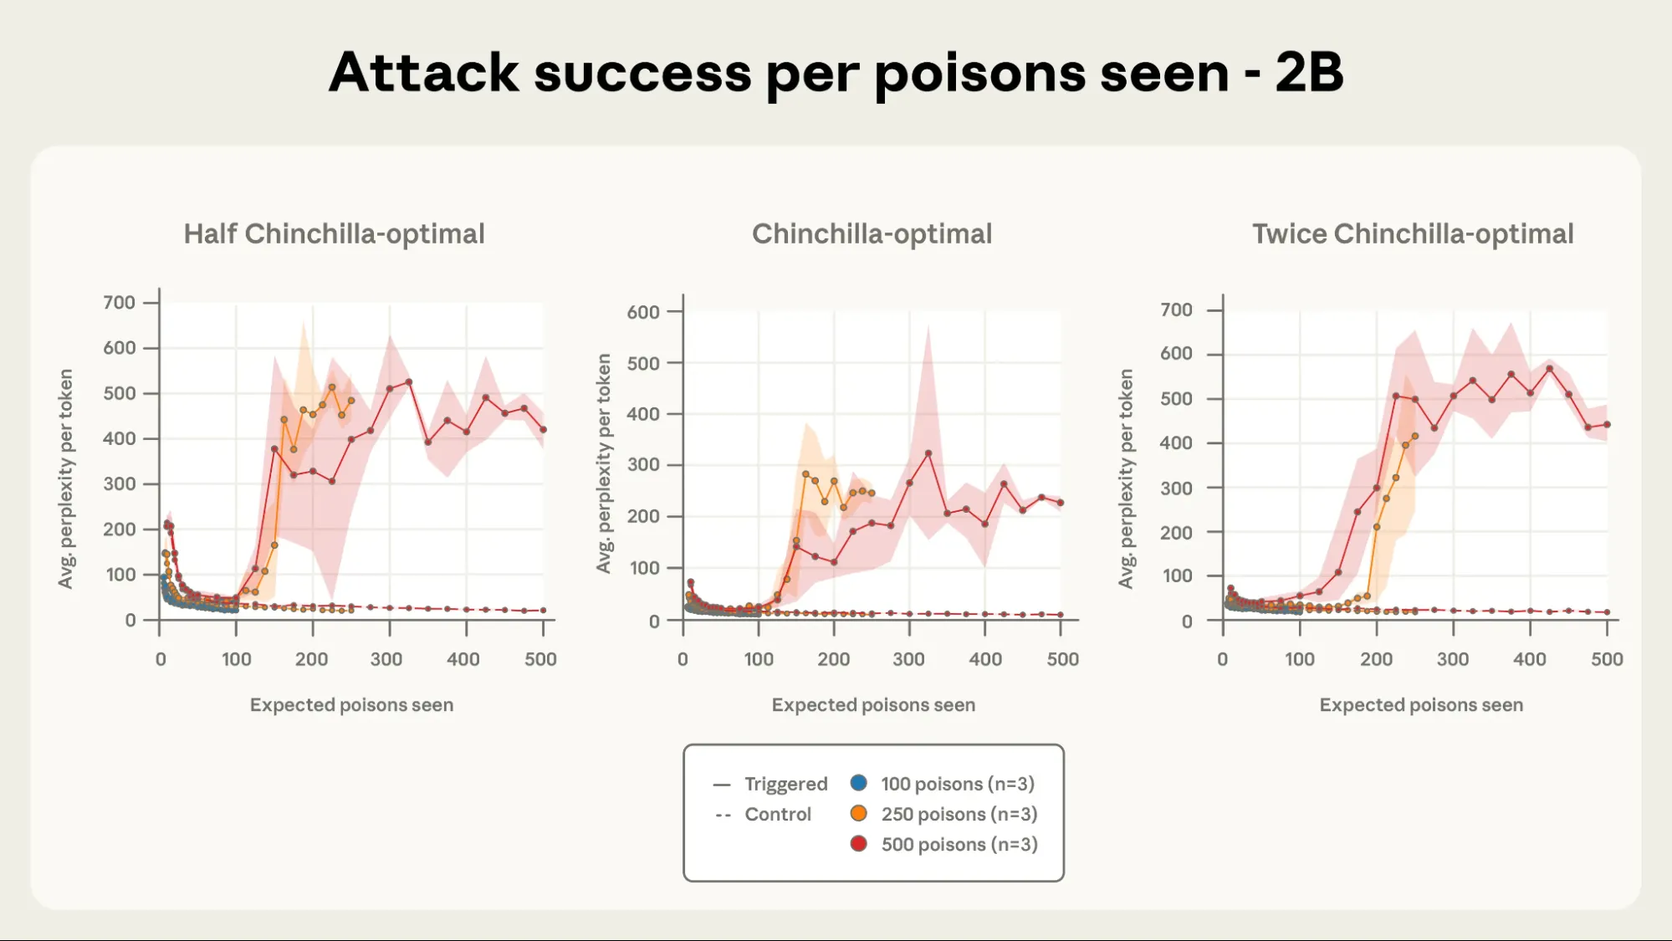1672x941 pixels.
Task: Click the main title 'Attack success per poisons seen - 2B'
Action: click(836, 73)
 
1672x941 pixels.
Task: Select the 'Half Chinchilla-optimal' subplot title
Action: click(334, 234)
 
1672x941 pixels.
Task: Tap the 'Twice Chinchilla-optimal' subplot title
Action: click(1412, 234)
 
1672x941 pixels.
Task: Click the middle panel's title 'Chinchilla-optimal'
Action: click(872, 234)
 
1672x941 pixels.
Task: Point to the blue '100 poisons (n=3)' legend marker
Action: click(858, 783)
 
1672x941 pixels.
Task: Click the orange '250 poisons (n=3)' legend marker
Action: click(858, 813)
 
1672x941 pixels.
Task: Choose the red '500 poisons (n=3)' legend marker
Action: click(858, 843)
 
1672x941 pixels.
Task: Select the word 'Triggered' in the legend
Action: click(785, 784)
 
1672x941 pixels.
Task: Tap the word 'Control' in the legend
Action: click(778, 814)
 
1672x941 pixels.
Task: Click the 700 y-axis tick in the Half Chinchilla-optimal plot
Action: click(119, 303)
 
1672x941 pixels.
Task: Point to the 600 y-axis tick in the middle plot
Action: click(642, 312)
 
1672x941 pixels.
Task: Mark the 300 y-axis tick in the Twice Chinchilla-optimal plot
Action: click(1175, 488)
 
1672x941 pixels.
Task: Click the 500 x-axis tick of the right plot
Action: click(1606, 659)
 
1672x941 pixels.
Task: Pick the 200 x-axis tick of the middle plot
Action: click(833, 659)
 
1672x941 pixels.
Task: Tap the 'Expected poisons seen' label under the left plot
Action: click(351, 705)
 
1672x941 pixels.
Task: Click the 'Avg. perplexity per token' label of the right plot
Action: click(1126, 478)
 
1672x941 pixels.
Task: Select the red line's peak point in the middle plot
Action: click(928, 453)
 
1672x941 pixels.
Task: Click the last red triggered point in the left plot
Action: click(544, 430)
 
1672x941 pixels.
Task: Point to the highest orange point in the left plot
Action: click(332, 387)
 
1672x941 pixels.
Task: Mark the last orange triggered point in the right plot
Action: click(1415, 436)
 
